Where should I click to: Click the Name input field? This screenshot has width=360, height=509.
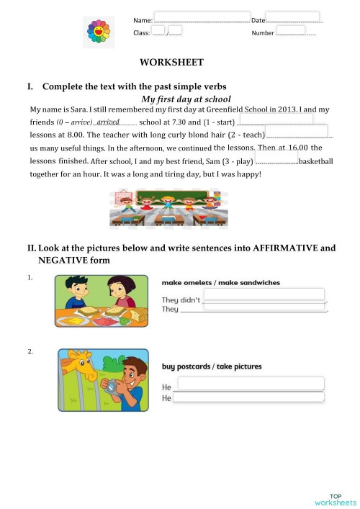tap(202, 17)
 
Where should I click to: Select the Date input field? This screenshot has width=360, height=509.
tap(293, 17)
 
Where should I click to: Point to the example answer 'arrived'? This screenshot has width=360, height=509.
tap(108, 122)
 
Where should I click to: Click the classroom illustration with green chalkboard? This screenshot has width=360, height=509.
tap(164, 207)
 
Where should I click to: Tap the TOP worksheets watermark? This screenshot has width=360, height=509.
tap(335, 499)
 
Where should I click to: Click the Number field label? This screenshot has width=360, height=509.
tap(262, 33)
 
